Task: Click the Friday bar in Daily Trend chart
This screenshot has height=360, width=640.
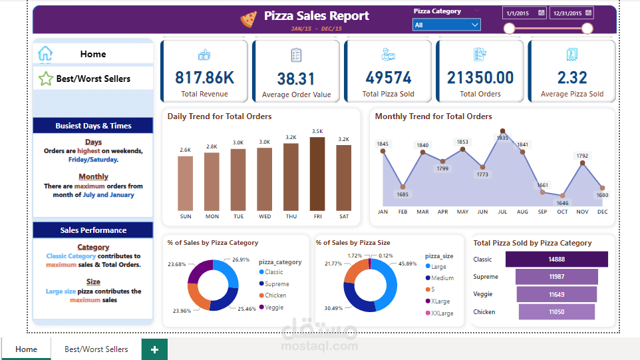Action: (317, 174)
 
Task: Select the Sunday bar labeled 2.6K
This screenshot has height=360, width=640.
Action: (185, 183)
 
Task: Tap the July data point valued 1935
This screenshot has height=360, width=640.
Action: (502, 131)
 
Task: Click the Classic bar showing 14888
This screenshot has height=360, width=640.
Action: (557, 260)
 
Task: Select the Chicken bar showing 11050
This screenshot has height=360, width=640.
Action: (557, 312)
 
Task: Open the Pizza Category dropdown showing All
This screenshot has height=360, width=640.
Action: (446, 25)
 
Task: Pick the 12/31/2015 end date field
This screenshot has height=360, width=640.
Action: (571, 13)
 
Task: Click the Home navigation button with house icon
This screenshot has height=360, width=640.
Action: (92, 54)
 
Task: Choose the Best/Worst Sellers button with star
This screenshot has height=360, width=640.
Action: (92, 79)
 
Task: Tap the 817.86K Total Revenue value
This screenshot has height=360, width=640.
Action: (204, 78)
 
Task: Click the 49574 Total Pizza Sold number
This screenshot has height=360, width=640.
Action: (388, 78)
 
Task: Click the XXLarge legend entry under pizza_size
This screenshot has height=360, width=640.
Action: (442, 313)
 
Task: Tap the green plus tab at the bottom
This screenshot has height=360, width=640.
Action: (154, 349)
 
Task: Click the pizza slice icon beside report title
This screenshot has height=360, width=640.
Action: (248, 19)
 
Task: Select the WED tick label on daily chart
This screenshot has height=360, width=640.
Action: (265, 216)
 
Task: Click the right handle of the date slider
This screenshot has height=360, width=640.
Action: (587, 28)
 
